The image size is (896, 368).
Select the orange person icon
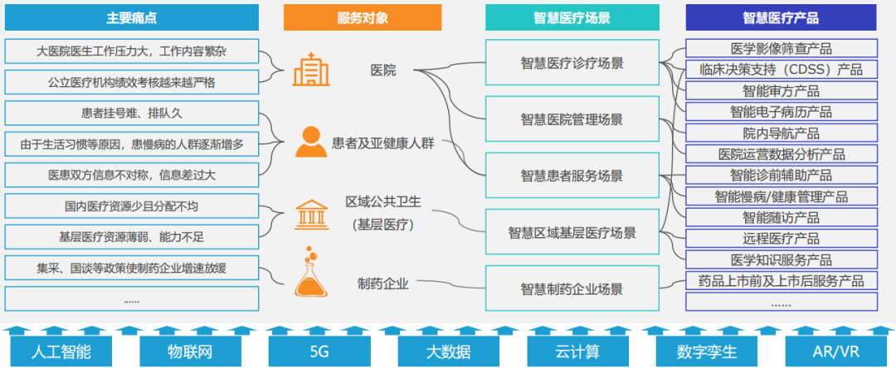[310, 142]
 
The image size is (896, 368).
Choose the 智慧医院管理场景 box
[572, 119]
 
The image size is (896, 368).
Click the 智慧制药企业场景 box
[572, 288]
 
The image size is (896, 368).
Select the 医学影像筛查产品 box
[781, 49]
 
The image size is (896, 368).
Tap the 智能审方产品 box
[781, 91]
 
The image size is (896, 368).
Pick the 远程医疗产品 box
[781, 239]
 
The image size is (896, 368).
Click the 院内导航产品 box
[781, 133]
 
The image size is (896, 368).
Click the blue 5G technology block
[319, 351]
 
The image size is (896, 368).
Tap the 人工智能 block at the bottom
[61, 351]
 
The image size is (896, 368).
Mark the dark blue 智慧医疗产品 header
[781, 17]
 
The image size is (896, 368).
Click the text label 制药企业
[382, 284]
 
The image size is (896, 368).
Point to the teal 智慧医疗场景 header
[572, 17]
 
